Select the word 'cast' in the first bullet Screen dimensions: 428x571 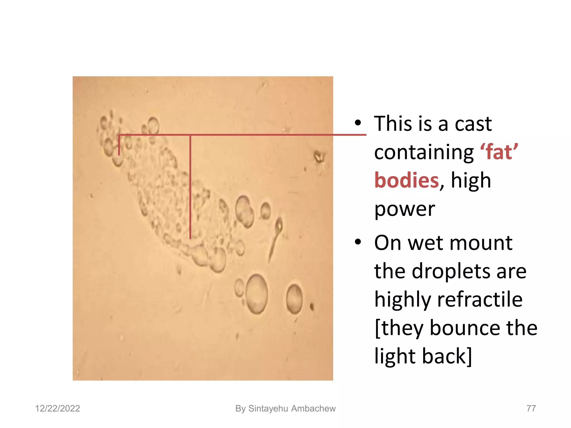[473, 123]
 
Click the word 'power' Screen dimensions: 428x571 [405, 209]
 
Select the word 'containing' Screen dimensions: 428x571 [424, 152]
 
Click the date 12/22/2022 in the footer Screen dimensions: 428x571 [57, 408]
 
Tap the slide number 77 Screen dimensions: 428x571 [531, 408]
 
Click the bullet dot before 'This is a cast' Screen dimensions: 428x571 [358, 123]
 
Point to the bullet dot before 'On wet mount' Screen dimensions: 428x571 [358, 242]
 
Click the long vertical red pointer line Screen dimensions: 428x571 [190, 187]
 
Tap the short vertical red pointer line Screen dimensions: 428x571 [119, 145]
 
